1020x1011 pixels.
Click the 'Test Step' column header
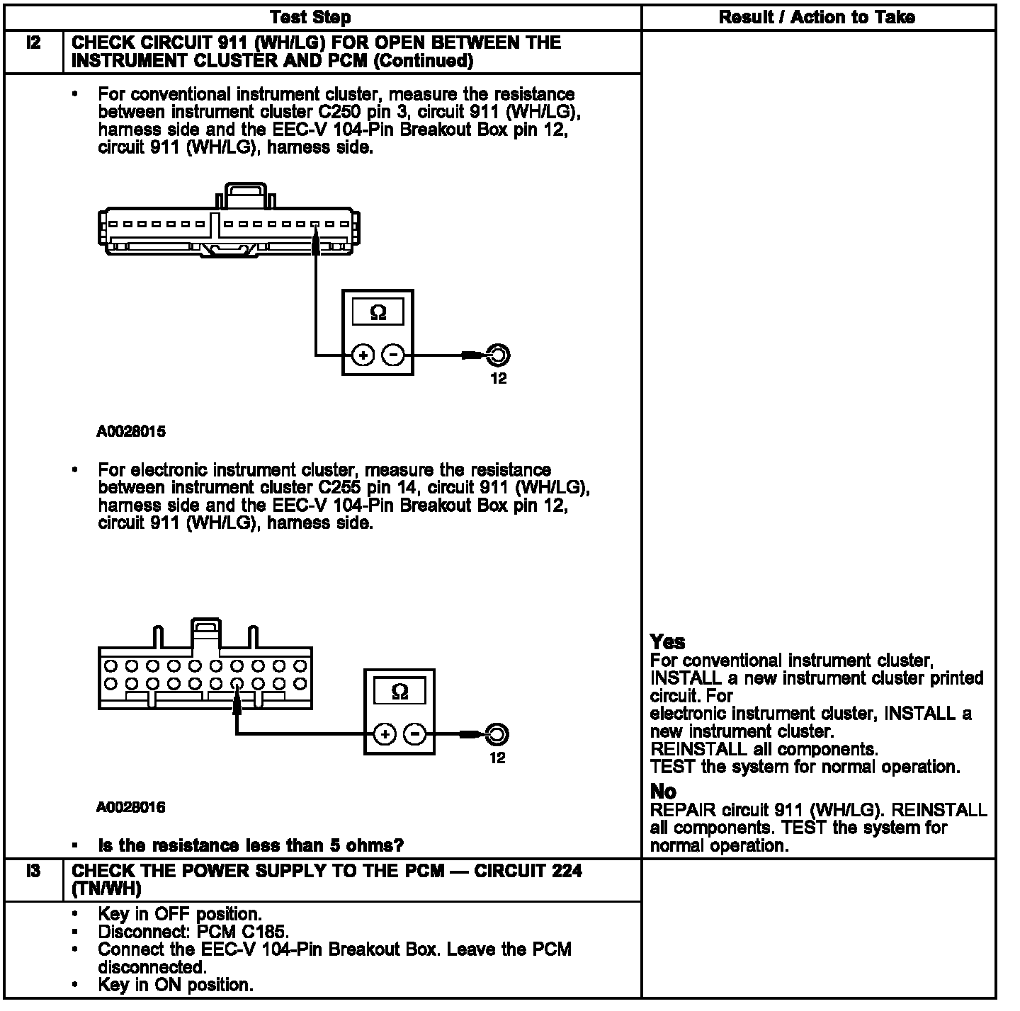(x=310, y=17)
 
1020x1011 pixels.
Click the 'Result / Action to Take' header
(x=816, y=17)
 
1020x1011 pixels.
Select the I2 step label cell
(x=33, y=43)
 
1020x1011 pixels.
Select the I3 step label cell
(x=33, y=872)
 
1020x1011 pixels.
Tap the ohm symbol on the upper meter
(x=378, y=312)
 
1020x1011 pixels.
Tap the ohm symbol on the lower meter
(x=399, y=692)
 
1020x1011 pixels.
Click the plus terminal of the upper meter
(x=363, y=355)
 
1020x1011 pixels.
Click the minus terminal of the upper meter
(x=394, y=355)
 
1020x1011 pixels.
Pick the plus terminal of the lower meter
(x=385, y=734)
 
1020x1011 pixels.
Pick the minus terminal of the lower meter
(x=415, y=734)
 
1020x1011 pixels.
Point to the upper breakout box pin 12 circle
(x=498, y=355)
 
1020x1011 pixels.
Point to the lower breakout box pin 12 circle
(x=497, y=734)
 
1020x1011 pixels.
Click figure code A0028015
(x=131, y=431)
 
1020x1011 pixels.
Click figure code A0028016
(x=131, y=807)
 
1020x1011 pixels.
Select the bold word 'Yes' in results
(x=667, y=642)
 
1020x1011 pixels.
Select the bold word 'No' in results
(x=663, y=792)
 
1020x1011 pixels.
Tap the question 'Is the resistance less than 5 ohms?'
(x=251, y=845)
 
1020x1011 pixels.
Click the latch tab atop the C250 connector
(x=245, y=194)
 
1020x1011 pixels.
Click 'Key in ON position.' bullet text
(x=175, y=985)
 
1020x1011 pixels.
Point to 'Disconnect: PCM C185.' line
(x=193, y=932)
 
